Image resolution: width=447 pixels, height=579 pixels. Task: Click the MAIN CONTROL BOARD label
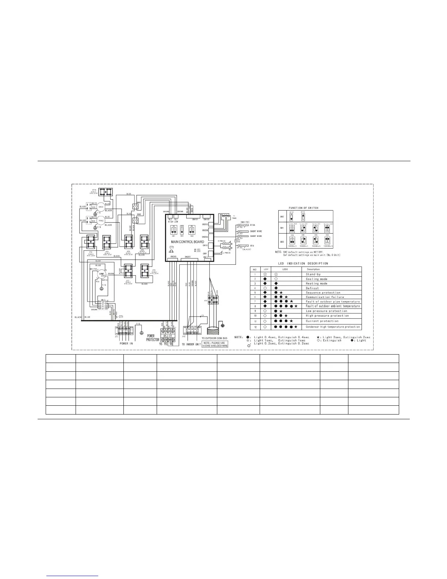[187, 242]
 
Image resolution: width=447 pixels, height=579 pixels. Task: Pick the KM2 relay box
[135, 220]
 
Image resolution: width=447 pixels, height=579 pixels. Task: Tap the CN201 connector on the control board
[188, 257]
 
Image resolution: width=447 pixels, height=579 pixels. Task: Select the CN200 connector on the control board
[173, 257]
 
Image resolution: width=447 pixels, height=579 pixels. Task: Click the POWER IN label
[126, 344]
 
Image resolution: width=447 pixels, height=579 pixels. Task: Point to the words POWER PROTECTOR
[153, 338]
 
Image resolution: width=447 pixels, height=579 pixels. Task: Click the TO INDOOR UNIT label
[191, 344]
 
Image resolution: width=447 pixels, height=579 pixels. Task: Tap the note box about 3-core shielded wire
[215, 344]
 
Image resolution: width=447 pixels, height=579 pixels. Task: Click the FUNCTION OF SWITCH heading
[303, 208]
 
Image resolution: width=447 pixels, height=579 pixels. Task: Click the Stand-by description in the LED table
[313, 274]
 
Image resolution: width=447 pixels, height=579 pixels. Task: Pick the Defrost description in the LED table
[312, 288]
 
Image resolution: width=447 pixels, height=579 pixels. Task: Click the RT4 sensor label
[252, 246]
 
